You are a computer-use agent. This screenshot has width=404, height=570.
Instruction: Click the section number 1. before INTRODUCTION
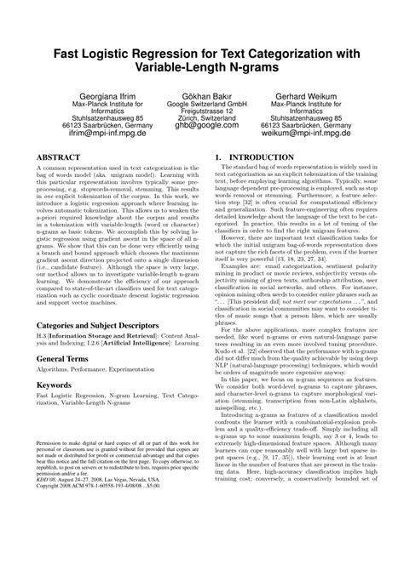tap(219, 157)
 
